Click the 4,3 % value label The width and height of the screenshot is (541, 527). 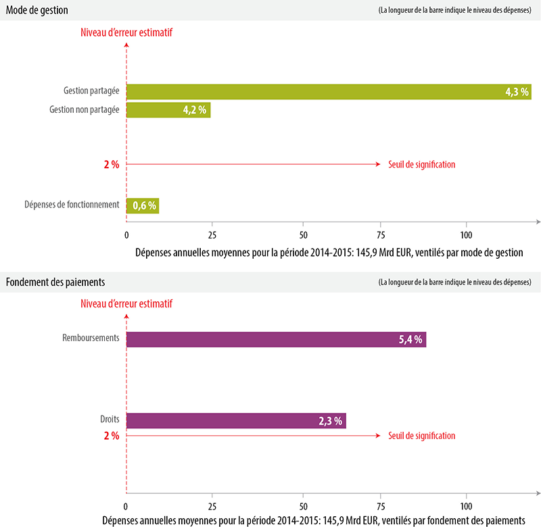point(517,92)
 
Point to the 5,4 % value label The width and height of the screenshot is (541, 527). point(410,339)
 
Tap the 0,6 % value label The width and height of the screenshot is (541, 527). point(143,205)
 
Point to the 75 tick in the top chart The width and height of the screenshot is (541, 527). point(382,234)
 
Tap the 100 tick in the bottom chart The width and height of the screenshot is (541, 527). point(467,506)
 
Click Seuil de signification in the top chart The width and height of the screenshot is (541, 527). point(421,164)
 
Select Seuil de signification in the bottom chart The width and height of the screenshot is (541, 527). point(421,436)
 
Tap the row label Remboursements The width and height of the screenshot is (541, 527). point(89,338)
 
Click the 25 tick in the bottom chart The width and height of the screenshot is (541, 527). point(212,506)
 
